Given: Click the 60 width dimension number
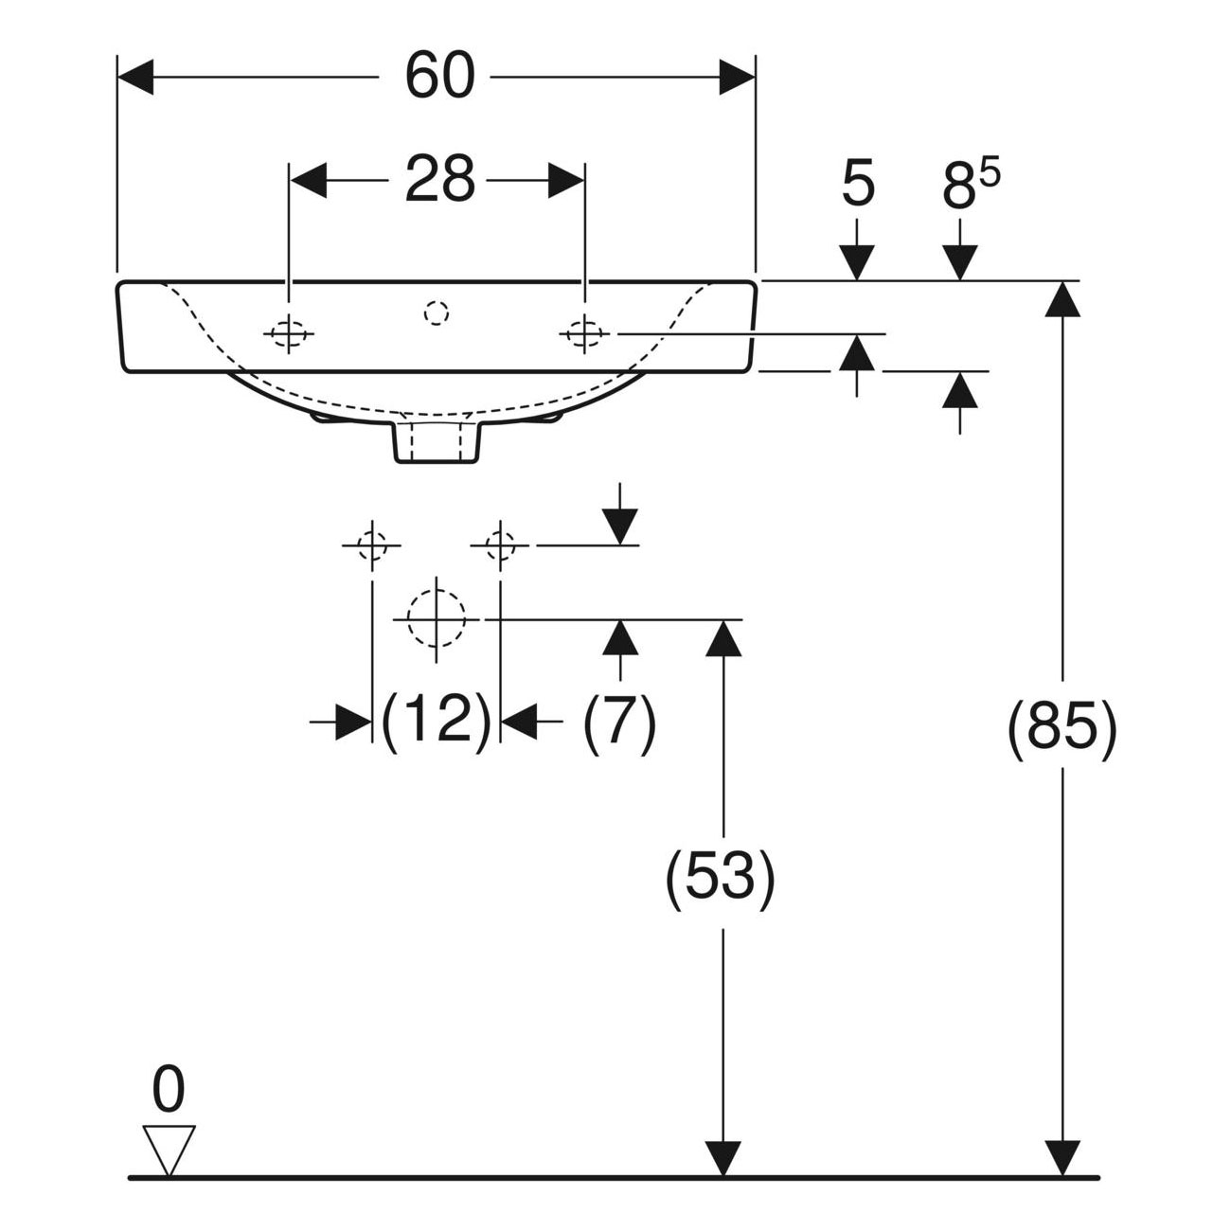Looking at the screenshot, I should [x=439, y=77].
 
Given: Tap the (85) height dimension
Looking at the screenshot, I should [x=1062, y=731].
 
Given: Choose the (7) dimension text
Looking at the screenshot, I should [x=619, y=723].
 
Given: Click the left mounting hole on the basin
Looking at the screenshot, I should [x=289, y=333].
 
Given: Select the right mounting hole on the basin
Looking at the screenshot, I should [x=584, y=333].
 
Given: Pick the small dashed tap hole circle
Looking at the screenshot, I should [x=436, y=312].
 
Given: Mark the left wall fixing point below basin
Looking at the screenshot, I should [x=372, y=545].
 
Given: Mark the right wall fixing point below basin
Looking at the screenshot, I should [x=499, y=545].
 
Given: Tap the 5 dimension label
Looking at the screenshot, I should [x=857, y=186].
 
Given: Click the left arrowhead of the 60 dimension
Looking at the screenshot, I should [x=135, y=77].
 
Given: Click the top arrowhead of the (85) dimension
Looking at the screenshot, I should [x=1062, y=300].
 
